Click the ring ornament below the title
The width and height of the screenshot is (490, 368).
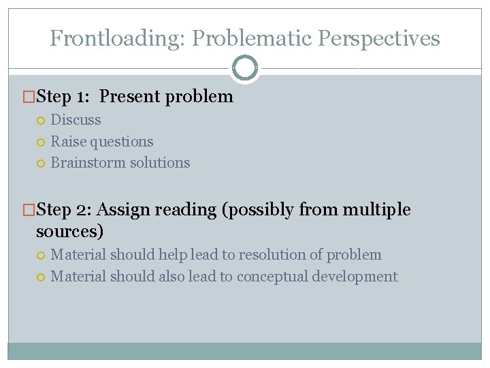coord(245,68)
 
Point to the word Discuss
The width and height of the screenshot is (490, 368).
coord(76,120)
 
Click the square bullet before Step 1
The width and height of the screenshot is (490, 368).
coord(29,97)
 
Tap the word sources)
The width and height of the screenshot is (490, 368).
coord(69,231)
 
